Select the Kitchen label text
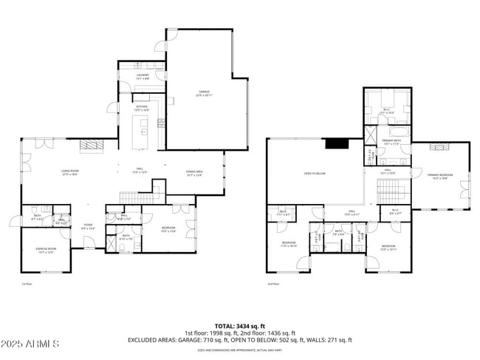[142, 107]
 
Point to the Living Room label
[70, 172]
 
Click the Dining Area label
[194, 172]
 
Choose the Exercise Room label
[46, 250]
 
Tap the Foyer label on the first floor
[88, 226]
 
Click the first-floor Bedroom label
[168, 229]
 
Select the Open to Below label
[315, 174]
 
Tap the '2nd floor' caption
[273, 283]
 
